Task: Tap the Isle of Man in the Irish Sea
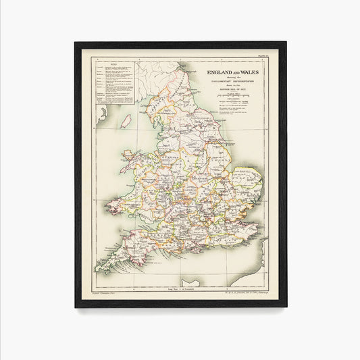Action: (x=126, y=122)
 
